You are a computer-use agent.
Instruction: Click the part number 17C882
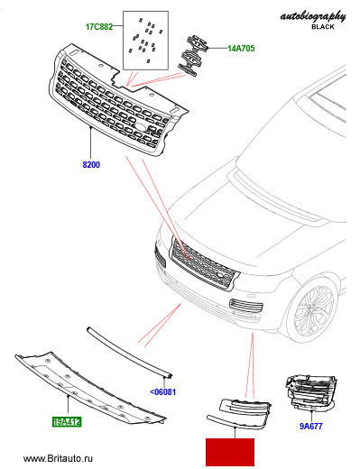tap(99, 27)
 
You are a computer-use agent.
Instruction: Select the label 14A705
tap(241, 49)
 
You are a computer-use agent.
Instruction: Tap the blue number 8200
tap(91, 165)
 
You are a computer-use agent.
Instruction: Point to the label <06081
tap(162, 392)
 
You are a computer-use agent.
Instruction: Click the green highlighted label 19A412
tap(67, 422)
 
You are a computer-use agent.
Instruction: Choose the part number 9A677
tap(311, 426)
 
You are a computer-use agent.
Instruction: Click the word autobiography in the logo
tap(313, 16)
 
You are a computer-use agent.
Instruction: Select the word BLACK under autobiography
tap(323, 27)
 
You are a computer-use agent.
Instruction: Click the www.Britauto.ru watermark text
tap(58, 458)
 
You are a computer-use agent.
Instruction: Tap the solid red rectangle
tap(230, 452)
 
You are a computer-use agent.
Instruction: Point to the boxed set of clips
tap(145, 41)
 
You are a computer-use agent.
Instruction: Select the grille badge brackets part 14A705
tap(192, 56)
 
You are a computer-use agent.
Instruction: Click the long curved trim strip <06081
tap(128, 351)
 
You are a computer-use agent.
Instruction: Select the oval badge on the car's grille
tap(220, 275)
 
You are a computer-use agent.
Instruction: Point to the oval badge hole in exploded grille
tap(140, 126)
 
